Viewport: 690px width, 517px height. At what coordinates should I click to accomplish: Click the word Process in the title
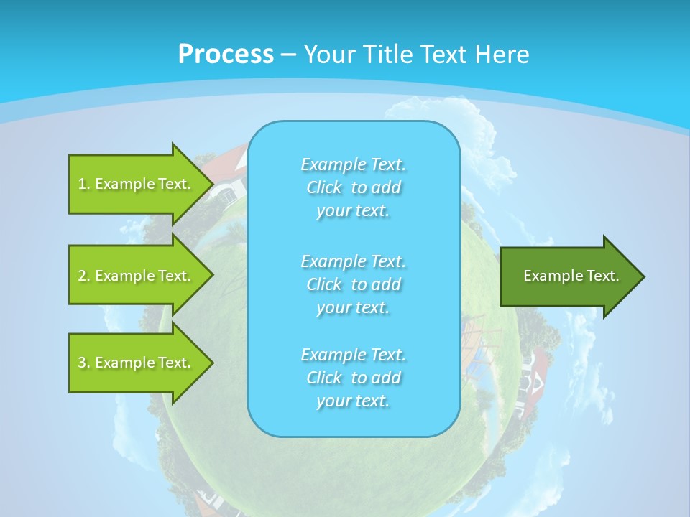tap(226, 54)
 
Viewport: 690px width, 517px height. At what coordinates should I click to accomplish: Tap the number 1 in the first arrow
tap(81, 184)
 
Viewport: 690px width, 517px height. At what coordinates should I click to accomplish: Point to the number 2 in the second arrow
tap(81, 276)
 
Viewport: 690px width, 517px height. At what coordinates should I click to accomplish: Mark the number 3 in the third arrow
tap(81, 363)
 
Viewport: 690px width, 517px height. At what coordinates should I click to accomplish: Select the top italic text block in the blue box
tap(354, 187)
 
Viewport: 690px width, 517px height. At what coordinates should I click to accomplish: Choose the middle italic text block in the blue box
tap(354, 284)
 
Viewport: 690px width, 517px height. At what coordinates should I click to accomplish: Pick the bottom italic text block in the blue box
tap(354, 378)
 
